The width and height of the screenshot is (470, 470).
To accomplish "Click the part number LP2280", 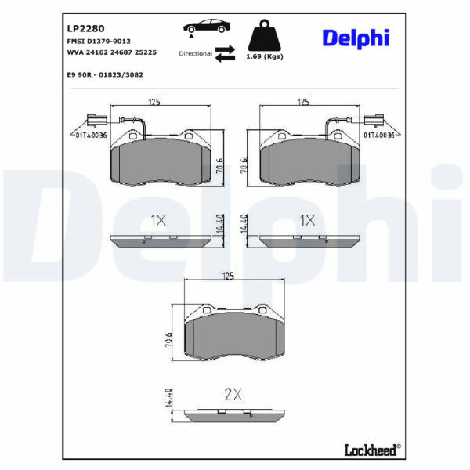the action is pyautogui.click(x=85, y=28).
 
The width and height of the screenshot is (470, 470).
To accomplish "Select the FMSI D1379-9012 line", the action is pyautogui.click(x=99, y=41).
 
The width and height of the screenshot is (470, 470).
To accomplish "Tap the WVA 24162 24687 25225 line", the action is pyautogui.click(x=112, y=52).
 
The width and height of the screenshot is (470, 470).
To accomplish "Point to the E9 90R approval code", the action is pyautogui.click(x=105, y=74).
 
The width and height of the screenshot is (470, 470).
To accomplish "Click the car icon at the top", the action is pyautogui.click(x=207, y=27).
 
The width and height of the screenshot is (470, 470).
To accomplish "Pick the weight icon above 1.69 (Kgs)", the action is pyautogui.click(x=265, y=35).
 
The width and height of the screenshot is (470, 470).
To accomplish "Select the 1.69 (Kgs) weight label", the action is pyautogui.click(x=265, y=56).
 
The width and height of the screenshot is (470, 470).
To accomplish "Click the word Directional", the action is pyautogui.click(x=195, y=53).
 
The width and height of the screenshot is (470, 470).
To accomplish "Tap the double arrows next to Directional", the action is pyautogui.click(x=225, y=53).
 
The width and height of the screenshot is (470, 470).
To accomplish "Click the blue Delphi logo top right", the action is pyautogui.click(x=356, y=38).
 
